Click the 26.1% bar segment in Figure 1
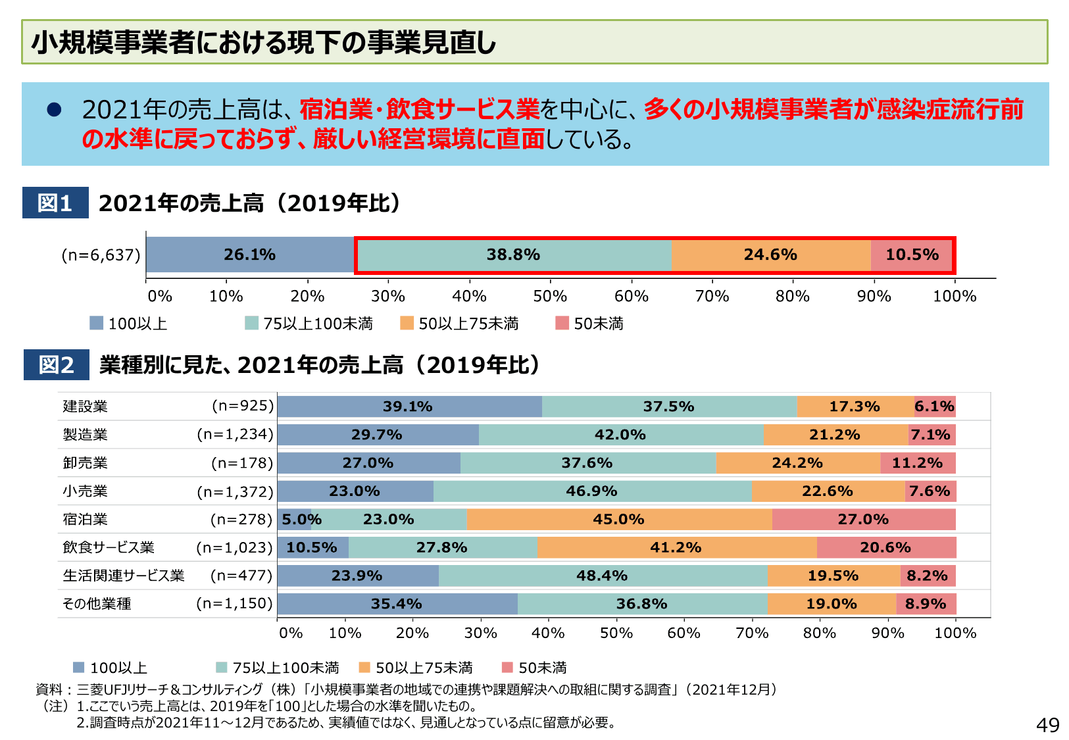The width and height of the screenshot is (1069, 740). coord(250,255)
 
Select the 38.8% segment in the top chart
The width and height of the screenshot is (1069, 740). coord(513,255)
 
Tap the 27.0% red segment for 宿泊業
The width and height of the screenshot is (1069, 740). coord(863,520)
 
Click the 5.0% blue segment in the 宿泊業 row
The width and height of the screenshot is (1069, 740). coord(294,520)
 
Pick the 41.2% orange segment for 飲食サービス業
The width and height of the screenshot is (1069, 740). coord(676,547)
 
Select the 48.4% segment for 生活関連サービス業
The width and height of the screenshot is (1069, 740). coord(602,576)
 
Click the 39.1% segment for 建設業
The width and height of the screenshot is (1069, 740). coord(408,407)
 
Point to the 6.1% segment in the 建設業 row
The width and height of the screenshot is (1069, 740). coord(934,407)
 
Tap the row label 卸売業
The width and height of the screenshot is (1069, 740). coord(86,463)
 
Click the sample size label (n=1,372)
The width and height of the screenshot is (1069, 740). coord(235,491)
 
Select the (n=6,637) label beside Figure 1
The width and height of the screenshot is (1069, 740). coord(101,255)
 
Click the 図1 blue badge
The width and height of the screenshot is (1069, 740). coord(55,203)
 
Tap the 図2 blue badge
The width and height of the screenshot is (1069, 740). coord(56,364)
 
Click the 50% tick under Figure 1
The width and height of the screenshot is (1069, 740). coord(550,296)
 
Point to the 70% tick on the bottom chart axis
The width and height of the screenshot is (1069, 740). coord(752,633)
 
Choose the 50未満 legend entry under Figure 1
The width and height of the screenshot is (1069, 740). coord(591,324)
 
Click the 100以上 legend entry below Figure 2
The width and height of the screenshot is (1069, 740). coord(111,668)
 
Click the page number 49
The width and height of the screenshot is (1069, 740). coord(1047,725)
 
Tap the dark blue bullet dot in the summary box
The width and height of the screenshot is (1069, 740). coord(54,110)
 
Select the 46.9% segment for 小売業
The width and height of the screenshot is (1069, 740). coord(591,491)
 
